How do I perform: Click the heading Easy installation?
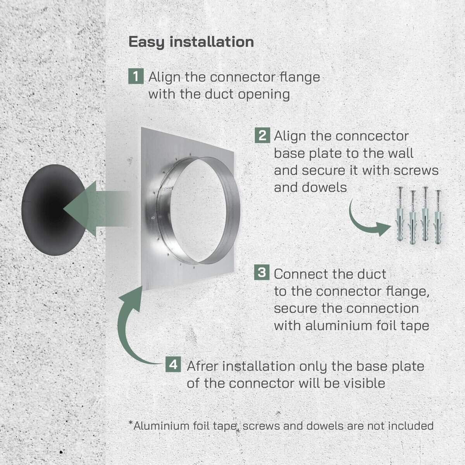click(x=191, y=42)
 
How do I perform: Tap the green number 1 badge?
click(x=136, y=76)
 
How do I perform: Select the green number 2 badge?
click(x=262, y=135)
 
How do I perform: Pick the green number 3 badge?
click(x=262, y=272)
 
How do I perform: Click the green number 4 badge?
click(x=173, y=364)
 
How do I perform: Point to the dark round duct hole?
click(x=54, y=210)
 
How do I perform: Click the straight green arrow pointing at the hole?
click(x=96, y=209)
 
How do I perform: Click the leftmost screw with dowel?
click(x=400, y=214)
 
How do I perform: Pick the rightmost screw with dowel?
click(x=438, y=217)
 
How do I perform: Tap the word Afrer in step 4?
click(x=202, y=366)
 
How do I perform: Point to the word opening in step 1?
click(x=264, y=95)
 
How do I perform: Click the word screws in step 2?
click(x=416, y=171)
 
